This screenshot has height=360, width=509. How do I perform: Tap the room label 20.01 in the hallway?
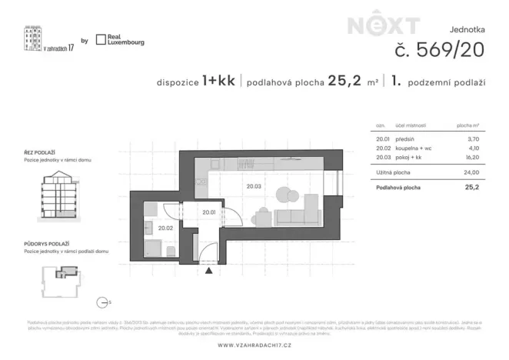coord(208,212)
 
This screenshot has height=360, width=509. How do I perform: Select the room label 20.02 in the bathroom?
coord(165,227)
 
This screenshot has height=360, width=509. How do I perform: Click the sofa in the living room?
coord(296,218)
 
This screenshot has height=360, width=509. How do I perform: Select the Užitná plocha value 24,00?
coord(471,173)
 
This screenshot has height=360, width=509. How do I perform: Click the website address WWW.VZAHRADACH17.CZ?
coord(254,345)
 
